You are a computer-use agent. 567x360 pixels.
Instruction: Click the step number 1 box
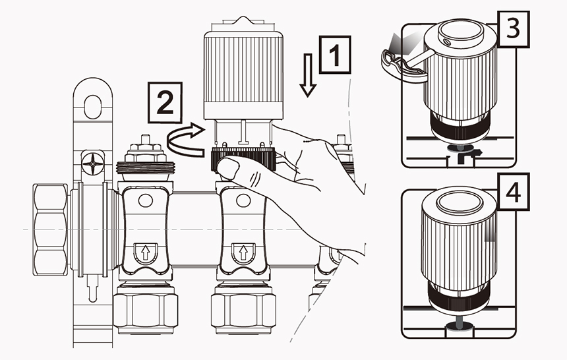pyautogui.click(x=334, y=55)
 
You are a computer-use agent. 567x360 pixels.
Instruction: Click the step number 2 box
pyautogui.click(x=165, y=102)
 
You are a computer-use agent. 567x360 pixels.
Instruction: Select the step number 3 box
pyautogui.click(x=514, y=29)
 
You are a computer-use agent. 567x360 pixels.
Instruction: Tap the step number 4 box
pyautogui.click(x=514, y=192)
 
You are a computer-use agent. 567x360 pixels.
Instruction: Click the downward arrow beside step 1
pyautogui.click(x=308, y=75)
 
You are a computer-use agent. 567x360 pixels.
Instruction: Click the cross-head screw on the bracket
pyautogui.click(x=93, y=164)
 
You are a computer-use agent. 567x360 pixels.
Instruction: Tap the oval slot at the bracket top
pyautogui.click(x=92, y=107)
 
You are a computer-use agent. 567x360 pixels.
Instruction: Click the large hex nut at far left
pyautogui.click(x=50, y=229)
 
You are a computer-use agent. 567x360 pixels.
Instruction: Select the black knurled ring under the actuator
pyautogui.click(x=243, y=159)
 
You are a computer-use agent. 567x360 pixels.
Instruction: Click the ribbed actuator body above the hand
pyautogui.click(x=243, y=74)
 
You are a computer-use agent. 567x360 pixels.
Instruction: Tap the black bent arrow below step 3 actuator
pyautogui.click(x=468, y=156)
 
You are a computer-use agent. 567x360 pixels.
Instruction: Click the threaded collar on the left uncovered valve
pyautogui.click(x=146, y=167)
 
